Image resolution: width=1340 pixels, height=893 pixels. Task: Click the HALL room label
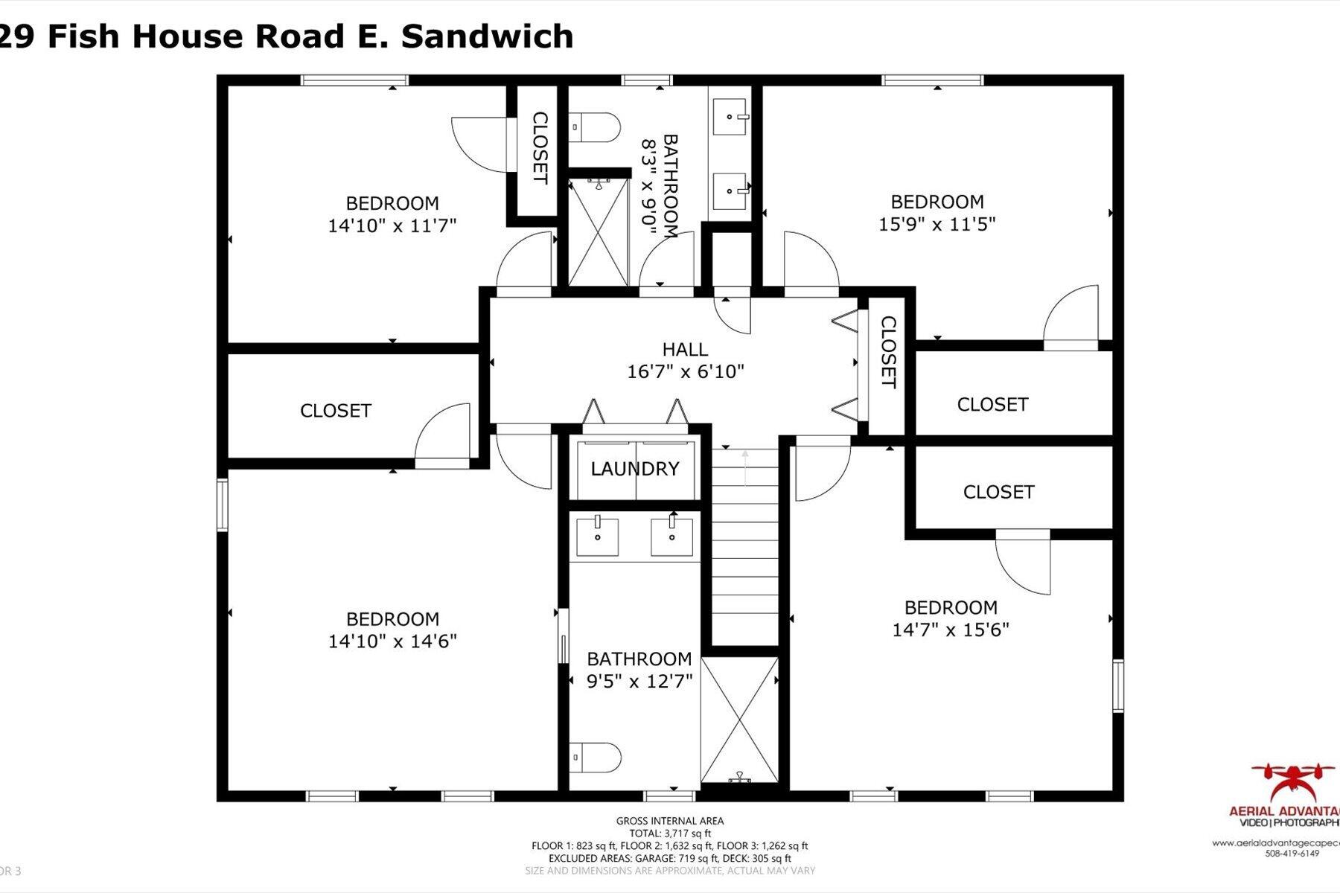685,349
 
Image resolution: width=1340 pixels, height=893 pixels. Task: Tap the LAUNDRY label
635,469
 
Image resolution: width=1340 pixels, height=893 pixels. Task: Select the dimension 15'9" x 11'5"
937,224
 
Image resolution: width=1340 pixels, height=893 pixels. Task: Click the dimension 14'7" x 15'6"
950,630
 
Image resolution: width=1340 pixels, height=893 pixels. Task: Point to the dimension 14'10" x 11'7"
392,225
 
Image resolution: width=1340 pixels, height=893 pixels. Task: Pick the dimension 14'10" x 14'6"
392,641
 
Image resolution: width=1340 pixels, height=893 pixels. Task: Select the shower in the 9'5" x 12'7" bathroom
738,719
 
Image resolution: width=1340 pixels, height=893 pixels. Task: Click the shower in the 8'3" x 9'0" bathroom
598,231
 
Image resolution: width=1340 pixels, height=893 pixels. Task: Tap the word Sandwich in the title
487,36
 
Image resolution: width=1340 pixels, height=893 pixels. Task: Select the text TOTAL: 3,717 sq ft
669,833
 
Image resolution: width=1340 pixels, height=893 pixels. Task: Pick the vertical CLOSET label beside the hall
887,352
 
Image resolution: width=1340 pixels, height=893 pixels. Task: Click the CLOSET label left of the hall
335,411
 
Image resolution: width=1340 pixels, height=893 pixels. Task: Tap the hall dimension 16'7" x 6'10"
685,371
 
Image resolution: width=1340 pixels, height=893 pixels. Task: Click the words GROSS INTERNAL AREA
669,821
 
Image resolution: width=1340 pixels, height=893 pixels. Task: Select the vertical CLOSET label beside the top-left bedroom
539,148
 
